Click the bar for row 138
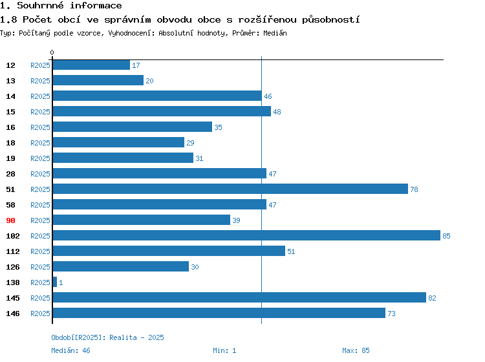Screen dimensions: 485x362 pyautogui.click(x=55, y=282)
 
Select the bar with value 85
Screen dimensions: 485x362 pyautogui.click(x=246, y=235)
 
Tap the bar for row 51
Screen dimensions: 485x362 pyautogui.click(x=230, y=189)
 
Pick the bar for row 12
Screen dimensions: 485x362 pyautogui.click(x=91, y=65)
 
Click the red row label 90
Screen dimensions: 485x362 pyautogui.click(x=10, y=220)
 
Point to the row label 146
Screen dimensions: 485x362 pyautogui.click(x=13, y=314)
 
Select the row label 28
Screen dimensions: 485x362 pyautogui.click(x=10, y=174)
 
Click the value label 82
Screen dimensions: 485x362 pyautogui.click(x=432, y=298)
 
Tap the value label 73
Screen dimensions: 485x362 pyautogui.click(x=392, y=314)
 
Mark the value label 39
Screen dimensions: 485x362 pyautogui.click(x=236, y=220)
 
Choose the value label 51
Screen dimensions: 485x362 pyautogui.click(x=291, y=251)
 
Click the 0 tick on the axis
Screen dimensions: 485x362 pyautogui.click(x=52, y=52)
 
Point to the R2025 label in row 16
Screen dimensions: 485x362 pyautogui.click(x=40, y=127)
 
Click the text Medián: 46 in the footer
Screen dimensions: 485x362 pyautogui.click(x=71, y=350)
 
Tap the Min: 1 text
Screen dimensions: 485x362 pyautogui.click(x=224, y=350)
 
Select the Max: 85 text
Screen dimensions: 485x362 pyautogui.click(x=356, y=350)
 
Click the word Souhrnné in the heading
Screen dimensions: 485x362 pyautogui.click(x=40, y=5)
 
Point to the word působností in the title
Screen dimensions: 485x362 pyautogui.click(x=331, y=20)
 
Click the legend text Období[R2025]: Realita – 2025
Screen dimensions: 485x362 pyautogui.click(x=107, y=337)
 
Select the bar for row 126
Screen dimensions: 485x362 pyautogui.click(x=121, y=266)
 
